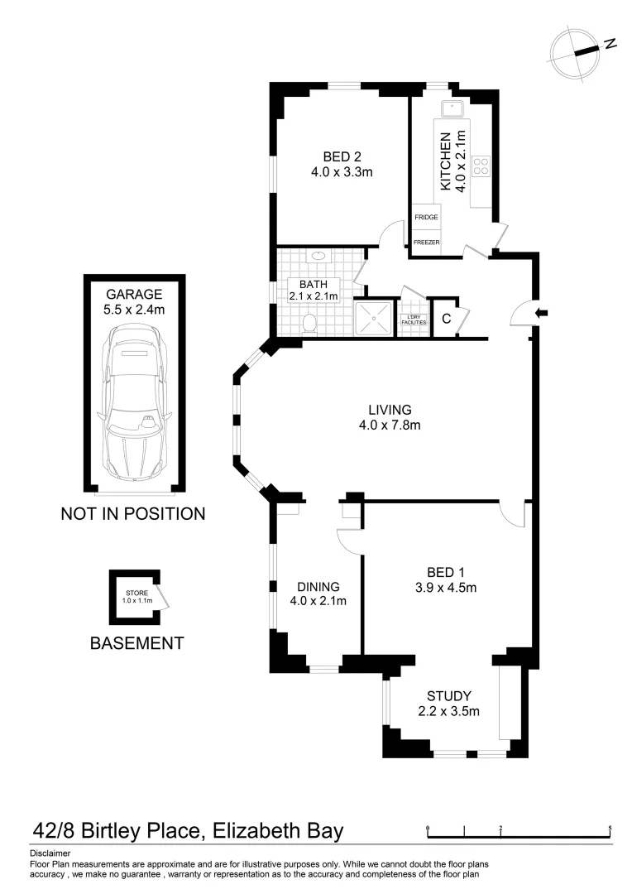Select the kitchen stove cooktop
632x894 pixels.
pyautogui.click(x=481, y=166)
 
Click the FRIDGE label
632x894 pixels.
pyautogui.click(x=427, y=217)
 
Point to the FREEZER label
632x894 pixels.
pyautogui.click(x=427, y=243)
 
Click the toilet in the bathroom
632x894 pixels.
pyautogui.click(x=310, y=323)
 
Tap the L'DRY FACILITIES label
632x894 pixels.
pyautogui.click(x=414, y=320)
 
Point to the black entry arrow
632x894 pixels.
pyautogui.click(x=542, y=313)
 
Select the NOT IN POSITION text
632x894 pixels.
pyautogui.click(x=132, y=514)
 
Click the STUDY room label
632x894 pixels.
pyautogui.click(x=448, y=695)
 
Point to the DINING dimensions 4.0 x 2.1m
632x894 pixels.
pyautogui.click(x=318, y=601)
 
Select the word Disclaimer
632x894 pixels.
pyautogui.click(x=50, y=853)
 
